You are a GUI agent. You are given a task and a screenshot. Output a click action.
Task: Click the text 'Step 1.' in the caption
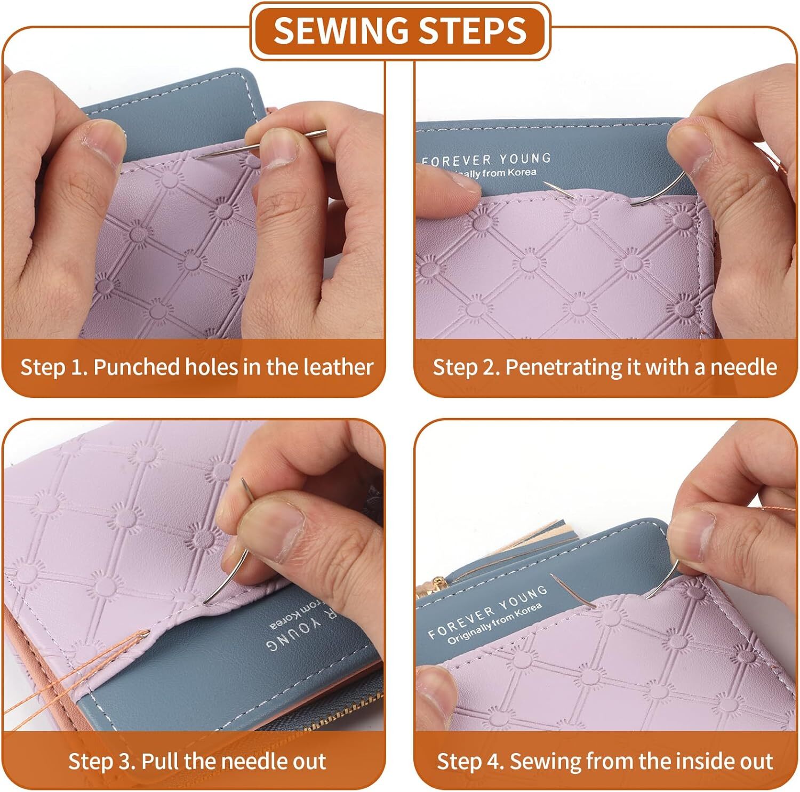coord(53,368)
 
